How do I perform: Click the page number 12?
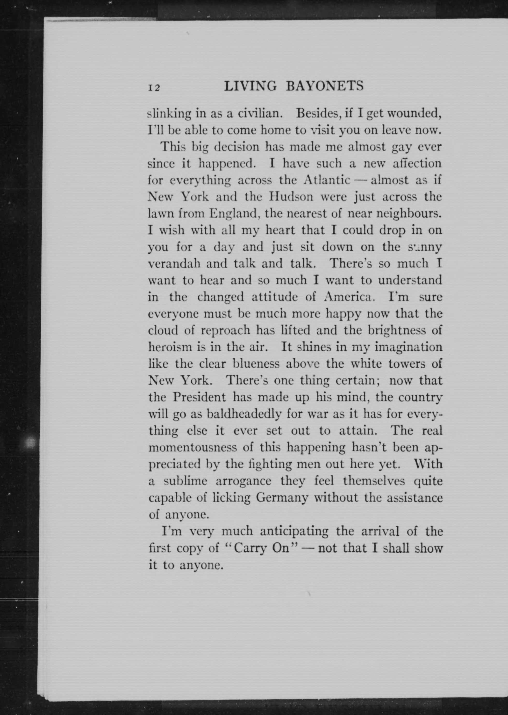coord(154,88)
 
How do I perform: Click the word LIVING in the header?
coord(250,86)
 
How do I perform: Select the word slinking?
coord(169,114)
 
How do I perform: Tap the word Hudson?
coord(291,197)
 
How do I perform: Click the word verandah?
coord(174,264)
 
